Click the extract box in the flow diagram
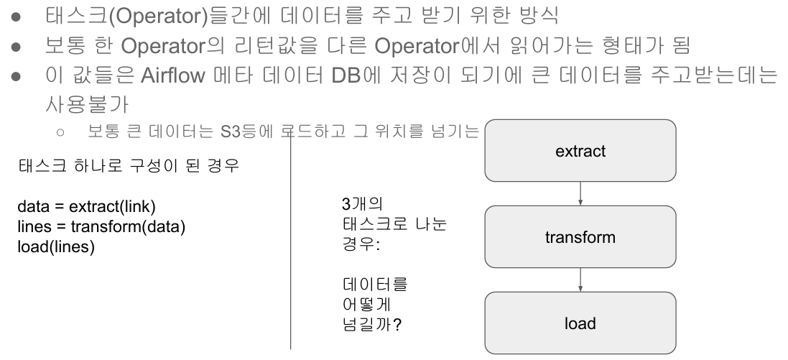pyautogui.click(x=580, y=150)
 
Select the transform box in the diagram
pyautogui.click(x=580, y=236)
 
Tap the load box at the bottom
pyautogui.click(x=580, y=323)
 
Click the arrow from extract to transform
pyautogui.click(x=580, y=194)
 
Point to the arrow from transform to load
pyautogui.click(x=580, y=280)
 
